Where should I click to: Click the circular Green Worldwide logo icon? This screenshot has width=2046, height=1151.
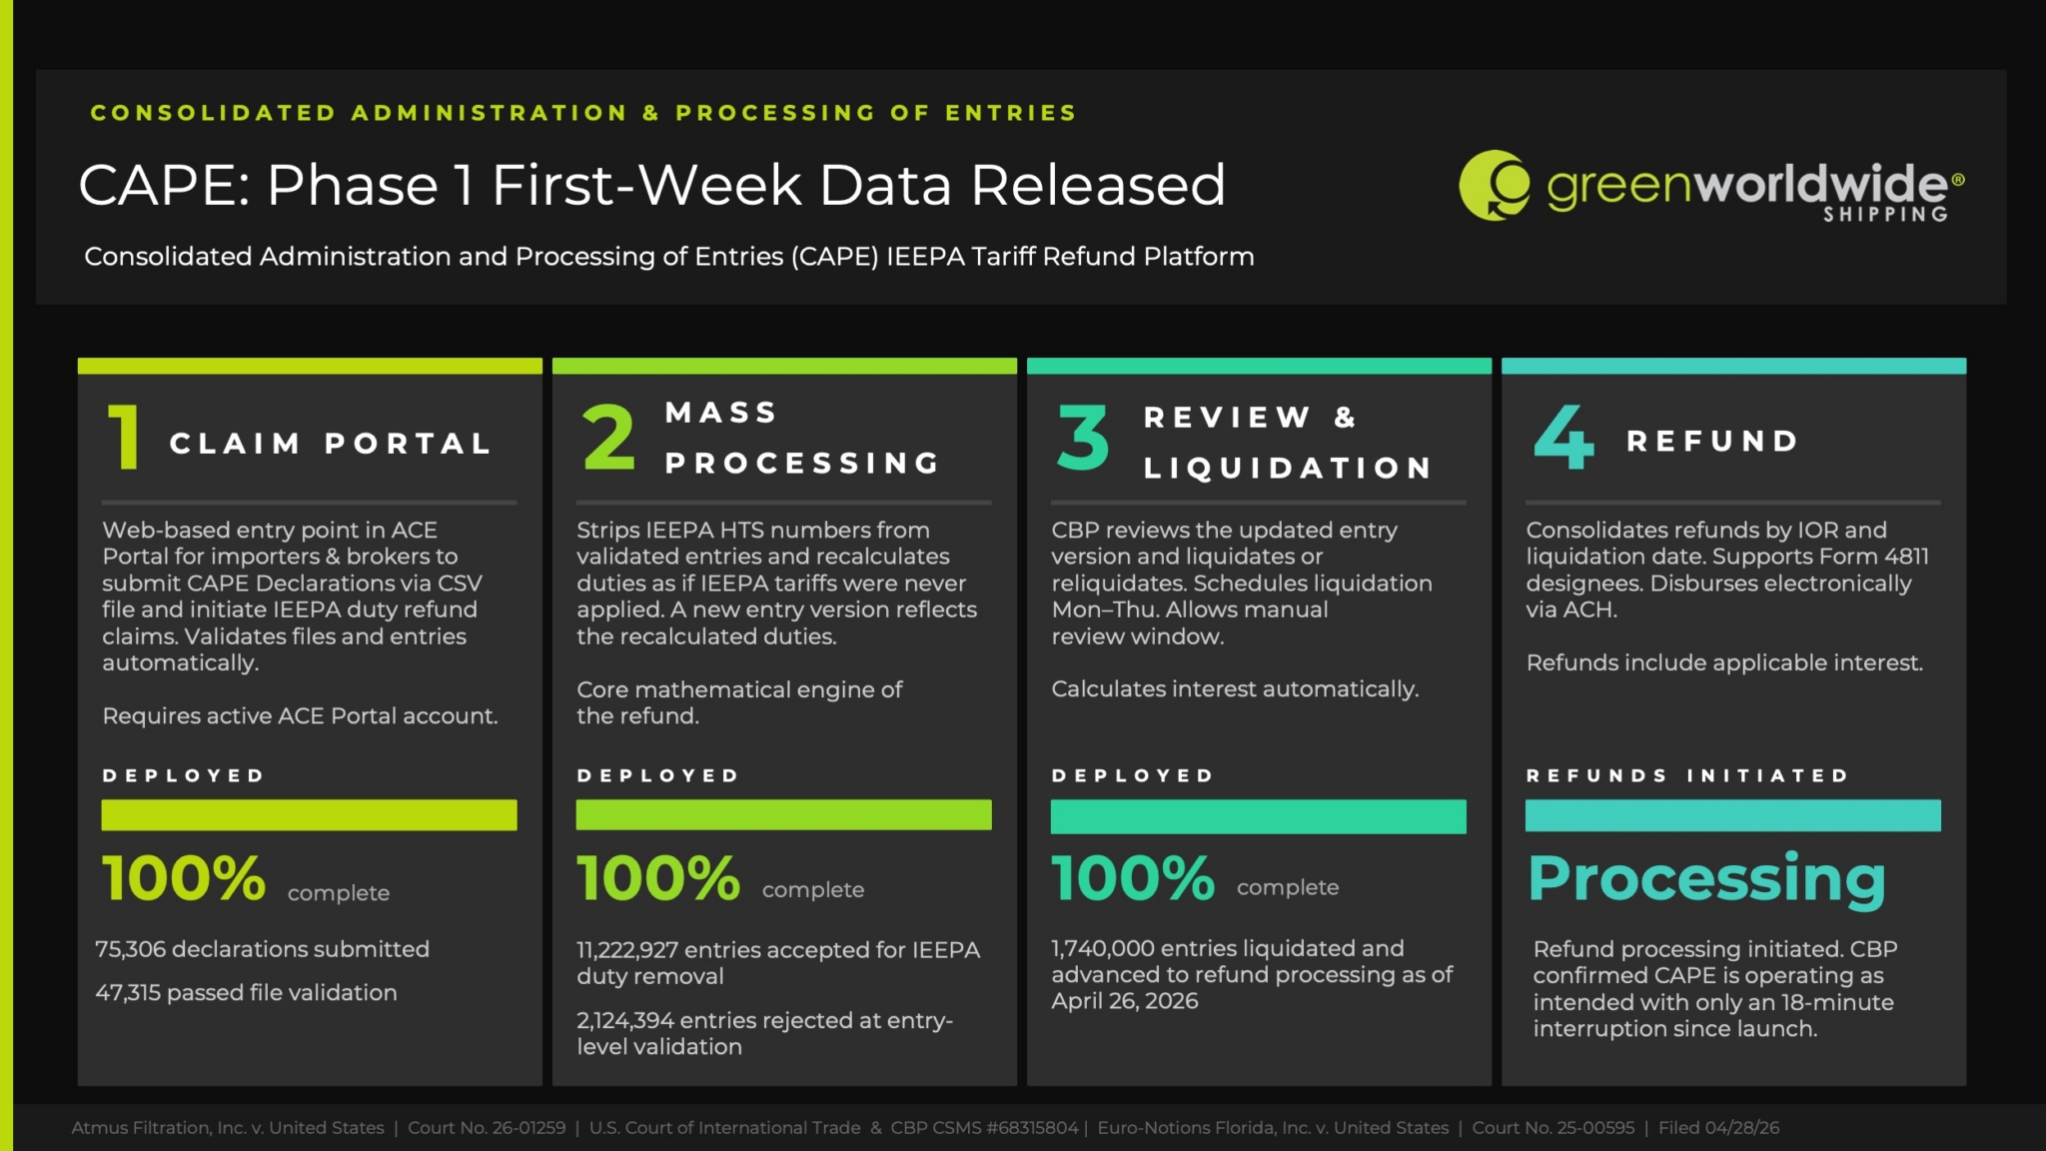pos(1495,185)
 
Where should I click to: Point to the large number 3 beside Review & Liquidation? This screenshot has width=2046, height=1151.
pos(1083,437)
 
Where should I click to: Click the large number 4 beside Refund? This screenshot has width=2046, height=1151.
pos(1563,437)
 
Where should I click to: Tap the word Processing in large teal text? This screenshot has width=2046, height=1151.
pos(1706,880)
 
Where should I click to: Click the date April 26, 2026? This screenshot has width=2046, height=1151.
pos(1125,1001)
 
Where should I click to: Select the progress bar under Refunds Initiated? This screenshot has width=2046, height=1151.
pos(1733,815)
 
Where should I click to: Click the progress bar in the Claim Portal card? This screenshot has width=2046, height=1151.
pos(309,815)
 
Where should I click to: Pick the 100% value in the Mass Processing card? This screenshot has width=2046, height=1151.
pos(658,878)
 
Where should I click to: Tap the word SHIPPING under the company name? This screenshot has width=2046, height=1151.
pos(1885,214)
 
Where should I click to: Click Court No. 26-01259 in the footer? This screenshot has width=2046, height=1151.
pos(487,1128)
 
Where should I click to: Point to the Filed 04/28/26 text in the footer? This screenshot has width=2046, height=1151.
pos(1719,1128)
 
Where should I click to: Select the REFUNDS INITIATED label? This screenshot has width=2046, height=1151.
pos(1687,775)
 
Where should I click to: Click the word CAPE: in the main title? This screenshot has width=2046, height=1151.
pos(165,186)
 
